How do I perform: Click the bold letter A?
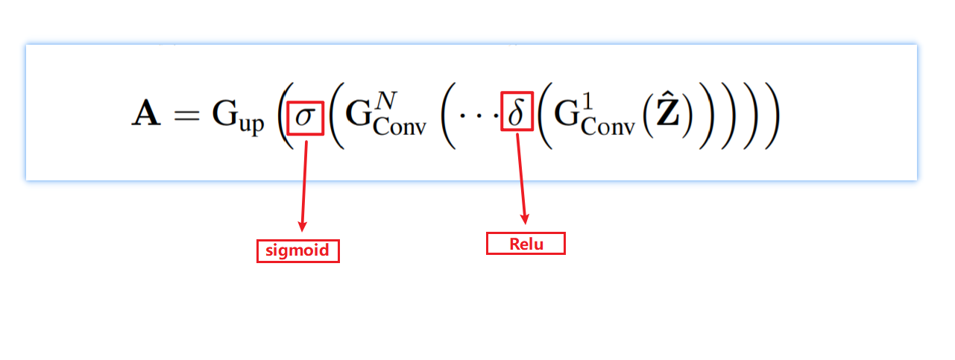coord(147,115)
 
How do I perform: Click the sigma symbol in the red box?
coord(305,116)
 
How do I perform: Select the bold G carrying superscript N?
coord(359,115)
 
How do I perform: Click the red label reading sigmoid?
coord(297,250)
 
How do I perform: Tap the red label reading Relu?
coord(526,244)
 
